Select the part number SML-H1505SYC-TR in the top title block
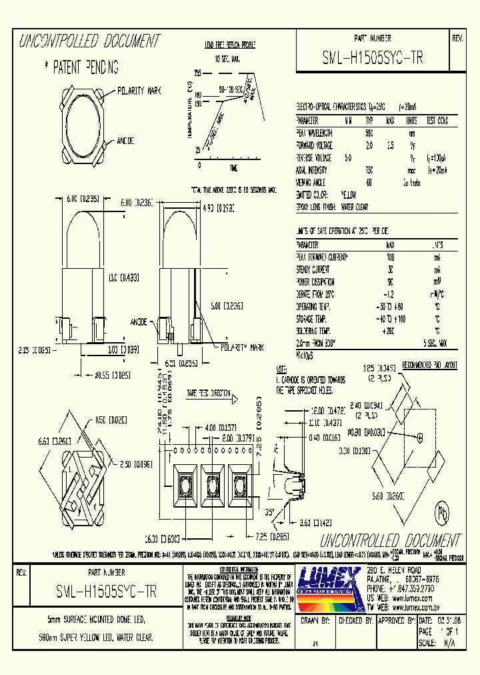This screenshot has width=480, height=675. pos(372,58)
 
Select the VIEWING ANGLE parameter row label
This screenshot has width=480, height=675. pos(313,182)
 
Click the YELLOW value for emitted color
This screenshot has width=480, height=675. pos(349,194)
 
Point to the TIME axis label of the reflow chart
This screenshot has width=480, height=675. pos(233,167)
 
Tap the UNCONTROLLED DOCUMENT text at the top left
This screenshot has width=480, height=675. pos(89,41)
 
